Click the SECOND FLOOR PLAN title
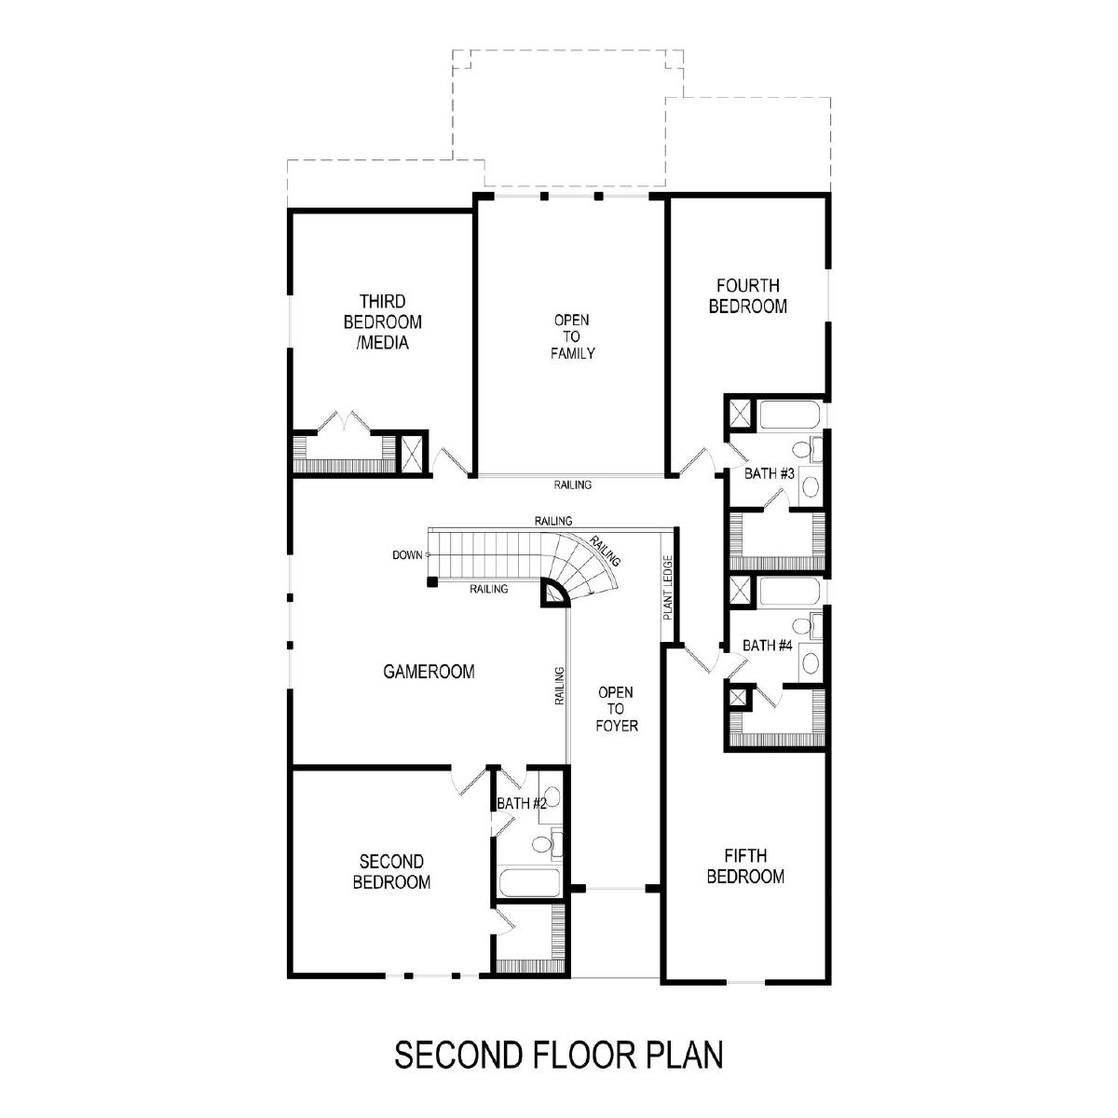pyautogui.click(x=559, y=1054)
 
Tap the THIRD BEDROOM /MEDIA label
pyautogui.click(x=382, y=322)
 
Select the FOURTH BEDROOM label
pyautogui.click(x=748, y=296)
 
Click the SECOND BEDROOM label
pyautogui.click(x=391, y=871)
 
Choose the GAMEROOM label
pyautogui.click(x=429, y=672)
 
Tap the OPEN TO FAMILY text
pyautogui.click(x=572, y=336)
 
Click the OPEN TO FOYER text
pyautogui.click(x=616, y=709)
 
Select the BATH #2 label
pyautogui.click(x=522, y=803)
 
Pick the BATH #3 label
pyautogui.click(x=769, y=473)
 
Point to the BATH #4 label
pyautogui.click(x=767, y=645)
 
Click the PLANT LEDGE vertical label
pyautogui.click(x=668, y=588)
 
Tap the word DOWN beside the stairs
pyautogui.click(x=407, y=555)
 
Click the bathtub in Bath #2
pyautogui.click(x=529, y=882)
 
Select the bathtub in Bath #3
pyautogui.click(x=789, y=415)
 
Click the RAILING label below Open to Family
pyautogui.click(x=572, y=484)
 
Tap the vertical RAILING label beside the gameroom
pyautogui.click(x=559, y=686)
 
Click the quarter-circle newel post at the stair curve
pyautogui.click(x=554, y=593)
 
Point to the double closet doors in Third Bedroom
pyautogui.click(x=345, y=422)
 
